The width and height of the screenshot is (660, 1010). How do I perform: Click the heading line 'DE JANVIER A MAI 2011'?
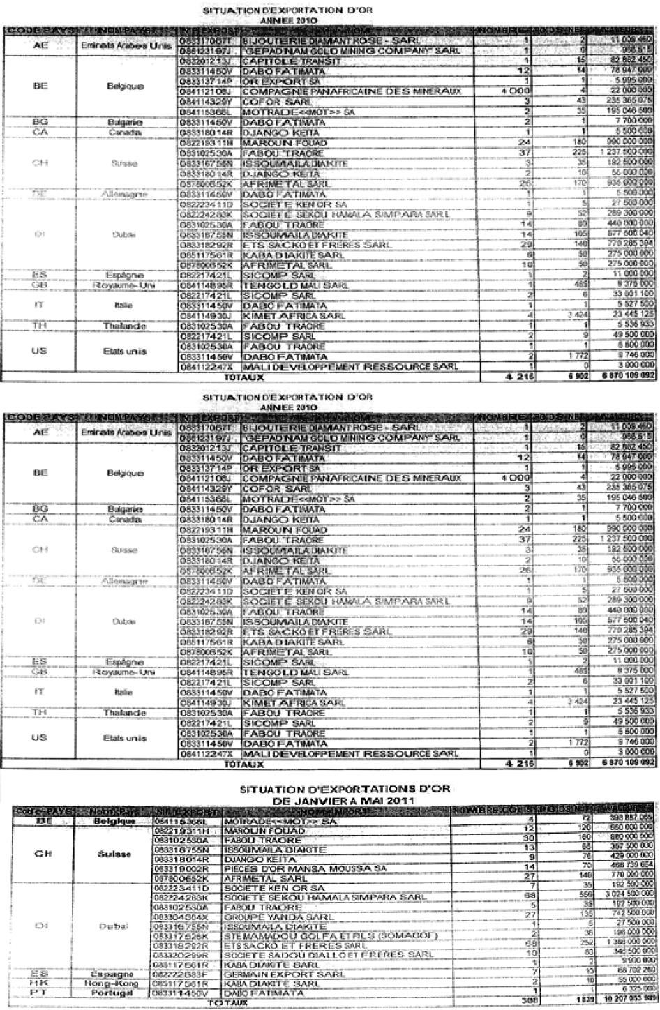345,800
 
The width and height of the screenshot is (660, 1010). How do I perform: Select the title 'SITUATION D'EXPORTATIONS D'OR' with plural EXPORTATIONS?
345,789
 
